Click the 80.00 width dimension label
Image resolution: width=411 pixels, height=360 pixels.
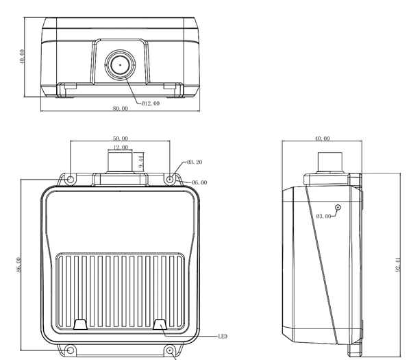120,108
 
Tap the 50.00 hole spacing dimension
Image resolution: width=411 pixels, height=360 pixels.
120,139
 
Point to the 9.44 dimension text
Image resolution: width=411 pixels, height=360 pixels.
140,161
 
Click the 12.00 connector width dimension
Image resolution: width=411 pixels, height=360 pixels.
120,147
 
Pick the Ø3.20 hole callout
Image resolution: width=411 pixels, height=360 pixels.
194,162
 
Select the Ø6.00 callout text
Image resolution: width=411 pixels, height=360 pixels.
199,182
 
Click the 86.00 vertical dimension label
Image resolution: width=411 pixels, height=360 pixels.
19,265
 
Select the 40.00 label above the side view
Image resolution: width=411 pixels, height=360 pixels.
322,139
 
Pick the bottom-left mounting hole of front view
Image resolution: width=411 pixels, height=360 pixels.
71,351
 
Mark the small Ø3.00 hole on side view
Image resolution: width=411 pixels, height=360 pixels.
338,207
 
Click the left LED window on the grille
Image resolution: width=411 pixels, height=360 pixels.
80,324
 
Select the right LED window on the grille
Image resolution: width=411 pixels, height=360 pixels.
161,324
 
